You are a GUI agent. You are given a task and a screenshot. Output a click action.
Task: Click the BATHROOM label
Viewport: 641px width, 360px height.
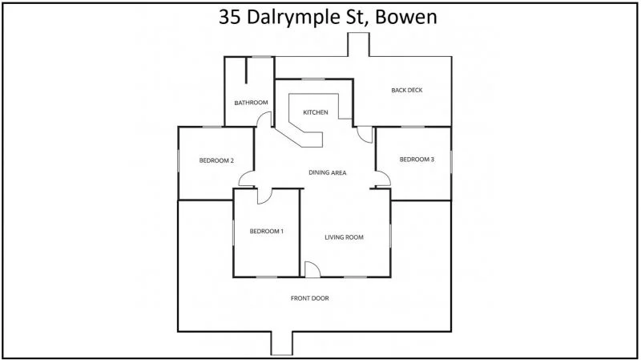250,103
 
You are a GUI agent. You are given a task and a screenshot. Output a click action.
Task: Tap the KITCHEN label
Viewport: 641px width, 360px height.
315,112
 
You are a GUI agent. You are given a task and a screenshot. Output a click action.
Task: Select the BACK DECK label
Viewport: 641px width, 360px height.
406,90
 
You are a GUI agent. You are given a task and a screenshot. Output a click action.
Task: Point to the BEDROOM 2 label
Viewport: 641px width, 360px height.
216,160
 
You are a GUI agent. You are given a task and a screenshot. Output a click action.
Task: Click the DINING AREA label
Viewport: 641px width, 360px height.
327,172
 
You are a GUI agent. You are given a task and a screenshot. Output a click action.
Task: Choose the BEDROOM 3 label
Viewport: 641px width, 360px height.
417,160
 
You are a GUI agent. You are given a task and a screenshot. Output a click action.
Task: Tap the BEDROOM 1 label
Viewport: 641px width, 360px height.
267,232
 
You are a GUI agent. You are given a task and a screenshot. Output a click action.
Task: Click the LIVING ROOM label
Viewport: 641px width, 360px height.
345,237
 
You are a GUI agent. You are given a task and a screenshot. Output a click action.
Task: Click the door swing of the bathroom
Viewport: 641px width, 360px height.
264,120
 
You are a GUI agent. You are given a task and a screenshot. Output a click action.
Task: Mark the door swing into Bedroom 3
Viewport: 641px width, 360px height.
382,180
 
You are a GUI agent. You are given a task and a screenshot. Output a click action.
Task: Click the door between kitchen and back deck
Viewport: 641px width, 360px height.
365,135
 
